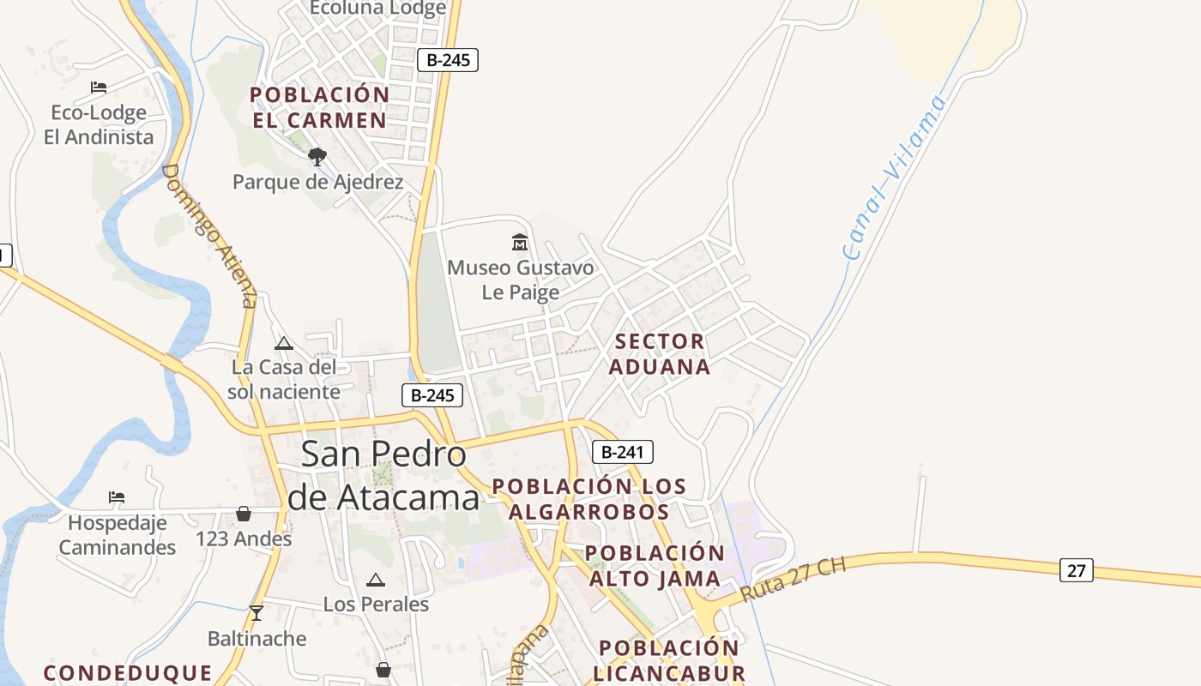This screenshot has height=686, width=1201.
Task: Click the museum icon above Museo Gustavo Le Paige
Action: point(520,243)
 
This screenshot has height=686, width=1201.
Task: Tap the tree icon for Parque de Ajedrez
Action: point(317,157)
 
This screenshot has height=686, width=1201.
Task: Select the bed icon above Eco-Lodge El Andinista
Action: point(99,87)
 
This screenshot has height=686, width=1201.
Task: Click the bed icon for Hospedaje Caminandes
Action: point(117,497)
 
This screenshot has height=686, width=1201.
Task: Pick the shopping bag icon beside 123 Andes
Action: point(244,514)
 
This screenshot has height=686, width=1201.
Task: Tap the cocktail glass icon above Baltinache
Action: point(256,612)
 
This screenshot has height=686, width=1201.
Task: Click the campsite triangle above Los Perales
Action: point(376,580)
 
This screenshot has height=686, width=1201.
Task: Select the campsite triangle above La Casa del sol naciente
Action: point(284,344)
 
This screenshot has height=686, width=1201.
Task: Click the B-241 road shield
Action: point(622,452)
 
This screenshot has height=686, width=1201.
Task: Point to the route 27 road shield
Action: point(1076,569)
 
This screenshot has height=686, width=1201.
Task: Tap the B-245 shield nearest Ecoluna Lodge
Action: point(447,60)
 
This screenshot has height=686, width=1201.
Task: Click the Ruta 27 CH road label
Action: point(794,580)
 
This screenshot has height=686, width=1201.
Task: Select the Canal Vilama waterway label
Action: point(894,177)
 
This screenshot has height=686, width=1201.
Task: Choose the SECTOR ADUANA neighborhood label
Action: point(659,354)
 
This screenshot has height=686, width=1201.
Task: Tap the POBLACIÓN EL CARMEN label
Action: point(319,107)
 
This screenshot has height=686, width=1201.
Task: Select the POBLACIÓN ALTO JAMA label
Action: point(655,566)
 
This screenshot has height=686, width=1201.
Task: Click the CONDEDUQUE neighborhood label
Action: point(128,673)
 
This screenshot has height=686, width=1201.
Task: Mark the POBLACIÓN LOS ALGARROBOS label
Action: point(588,499)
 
